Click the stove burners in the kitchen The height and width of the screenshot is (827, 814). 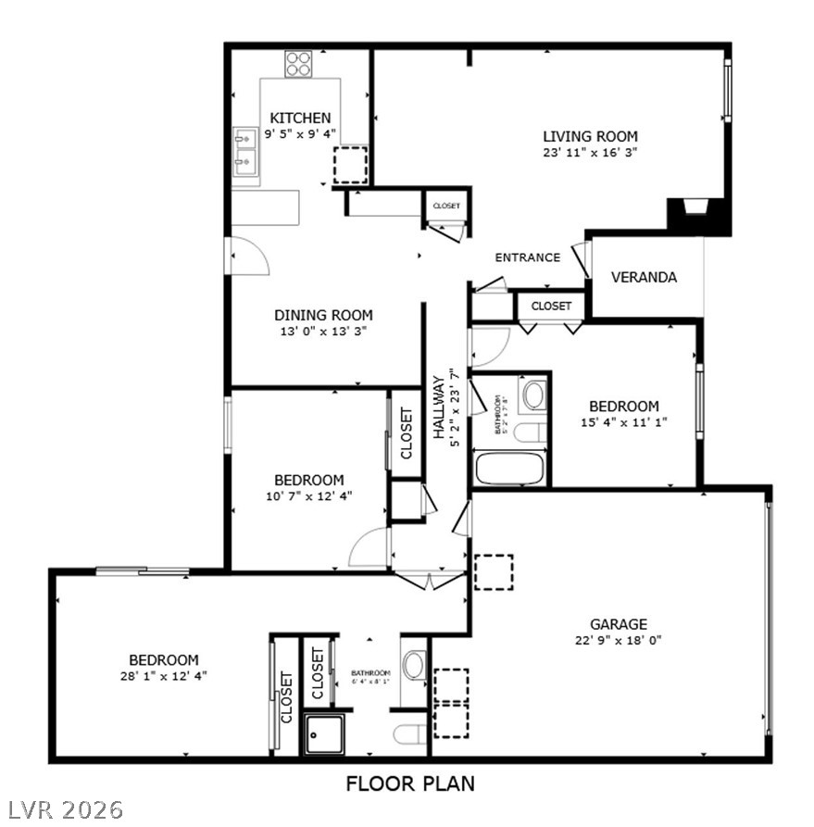tap(298, 64)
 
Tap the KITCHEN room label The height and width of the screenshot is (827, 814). tap(300, 118)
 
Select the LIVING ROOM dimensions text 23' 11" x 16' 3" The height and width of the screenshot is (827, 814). tap(591, 152)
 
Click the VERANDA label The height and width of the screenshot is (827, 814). tap(644, 277)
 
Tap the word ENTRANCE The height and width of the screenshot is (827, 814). tap(527, 257)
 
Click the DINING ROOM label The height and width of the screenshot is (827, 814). tap(323, 315)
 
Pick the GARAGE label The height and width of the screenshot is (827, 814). tap(619, 624)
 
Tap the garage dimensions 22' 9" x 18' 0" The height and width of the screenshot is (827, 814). tap(619, 640)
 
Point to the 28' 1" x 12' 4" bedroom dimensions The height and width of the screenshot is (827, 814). tap(163, 676)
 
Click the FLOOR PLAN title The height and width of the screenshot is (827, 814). tap(410, 783)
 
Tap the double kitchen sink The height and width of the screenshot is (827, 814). tap(245, 151)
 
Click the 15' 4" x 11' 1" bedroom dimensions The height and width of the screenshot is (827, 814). tap(624, 422)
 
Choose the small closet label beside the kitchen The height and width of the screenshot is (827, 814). tap(446, 206)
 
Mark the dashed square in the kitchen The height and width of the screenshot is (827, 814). tap(350, 165)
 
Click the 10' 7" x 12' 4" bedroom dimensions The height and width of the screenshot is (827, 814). tap(308, 496)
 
